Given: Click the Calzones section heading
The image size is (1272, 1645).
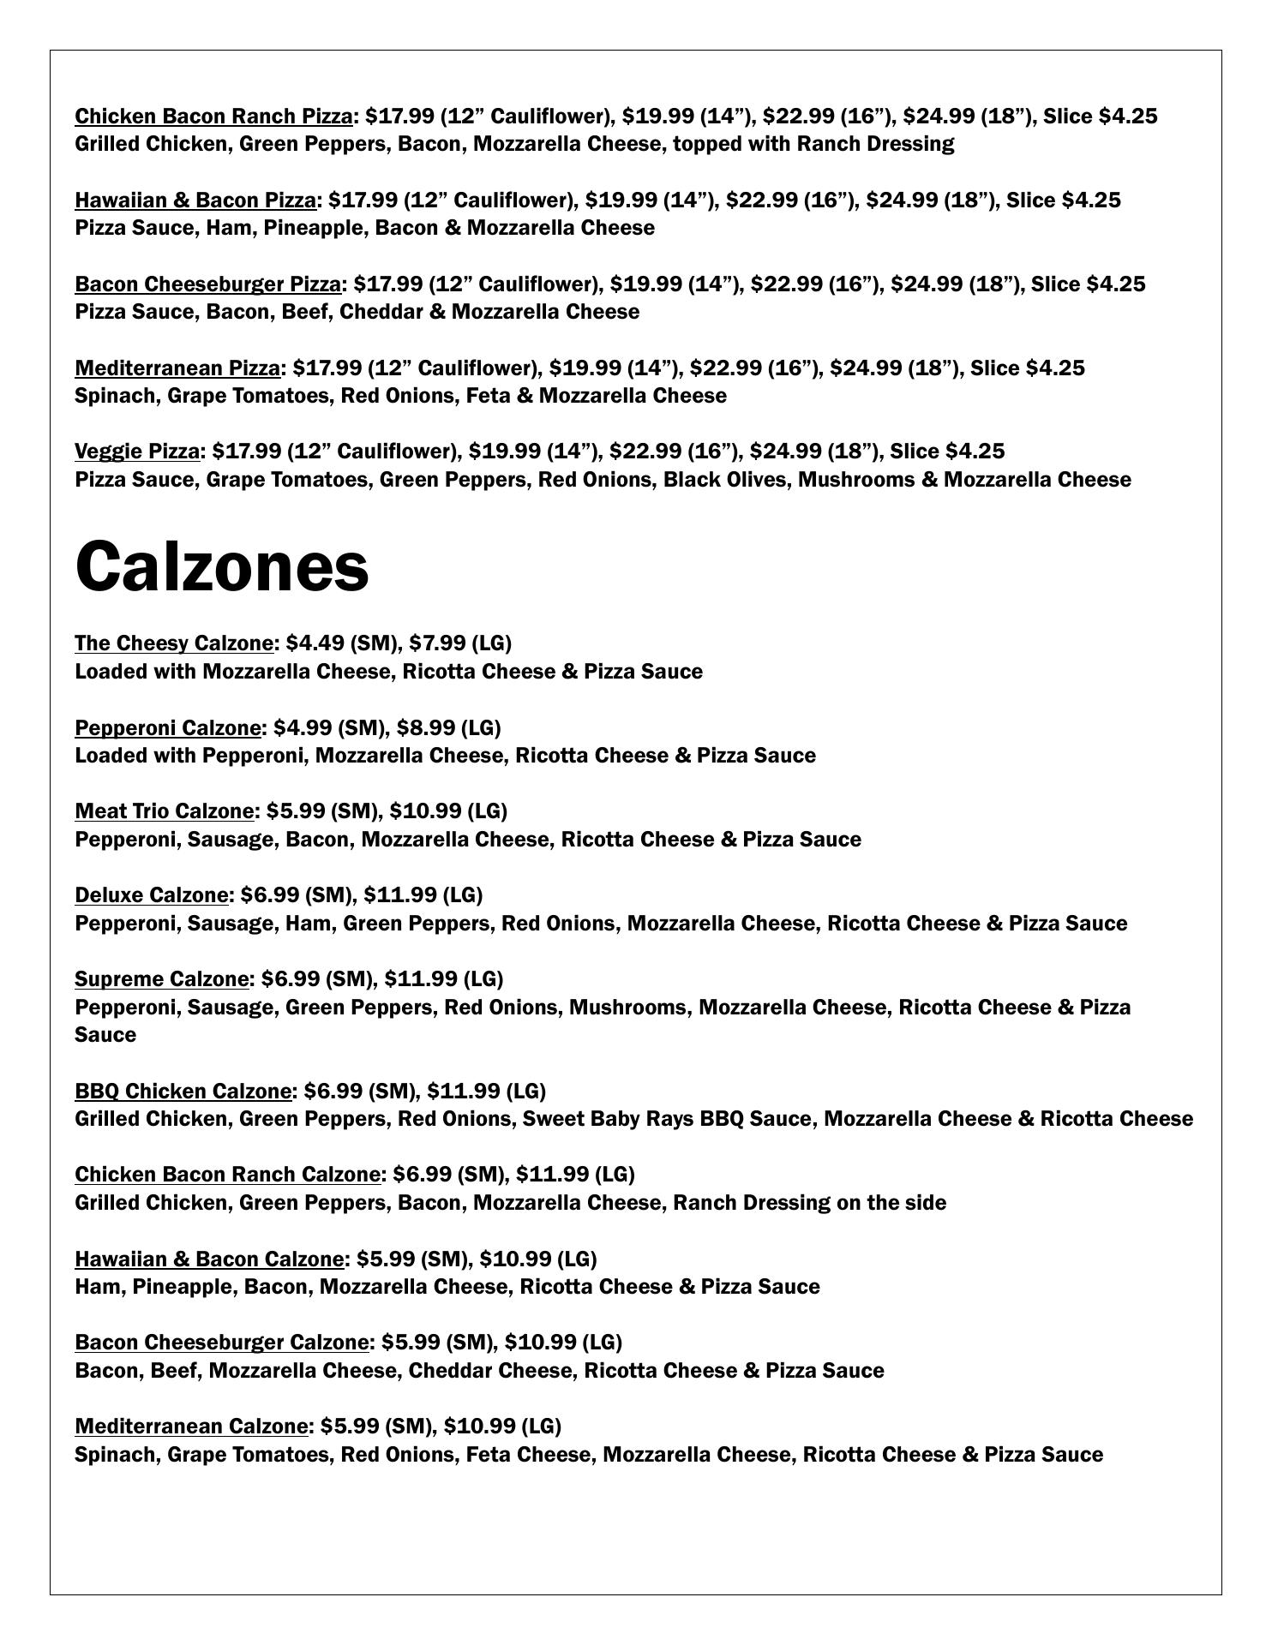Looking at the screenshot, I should coord(222,566).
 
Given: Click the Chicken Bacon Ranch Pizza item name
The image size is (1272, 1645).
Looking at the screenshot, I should coord(213,116).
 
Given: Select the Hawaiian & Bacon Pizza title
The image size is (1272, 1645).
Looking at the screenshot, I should coord(195,200).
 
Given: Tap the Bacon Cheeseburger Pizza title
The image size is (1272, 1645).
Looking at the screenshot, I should coord(208,284).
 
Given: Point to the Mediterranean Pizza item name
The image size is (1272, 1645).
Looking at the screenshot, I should coord(177,368).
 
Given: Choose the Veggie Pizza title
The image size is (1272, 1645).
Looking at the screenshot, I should coord(137,451).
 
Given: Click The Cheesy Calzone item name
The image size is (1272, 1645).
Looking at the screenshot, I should coord(174,643).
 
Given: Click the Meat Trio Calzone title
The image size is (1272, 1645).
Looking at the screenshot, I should coord(165,811).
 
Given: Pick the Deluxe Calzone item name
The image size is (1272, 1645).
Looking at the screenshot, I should coord(152,894).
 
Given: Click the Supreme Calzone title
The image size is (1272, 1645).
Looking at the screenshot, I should coord(162,978).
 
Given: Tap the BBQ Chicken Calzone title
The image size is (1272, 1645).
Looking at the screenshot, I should coord(183,1091).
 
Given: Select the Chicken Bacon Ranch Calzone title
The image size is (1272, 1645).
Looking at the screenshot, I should coord(227,1174).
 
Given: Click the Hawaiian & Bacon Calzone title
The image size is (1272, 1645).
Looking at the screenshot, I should coord(209,1259).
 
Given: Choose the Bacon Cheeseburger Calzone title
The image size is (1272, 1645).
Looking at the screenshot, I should coord(222,1342).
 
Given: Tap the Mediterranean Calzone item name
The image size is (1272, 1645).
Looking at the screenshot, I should coord(191,1426).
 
